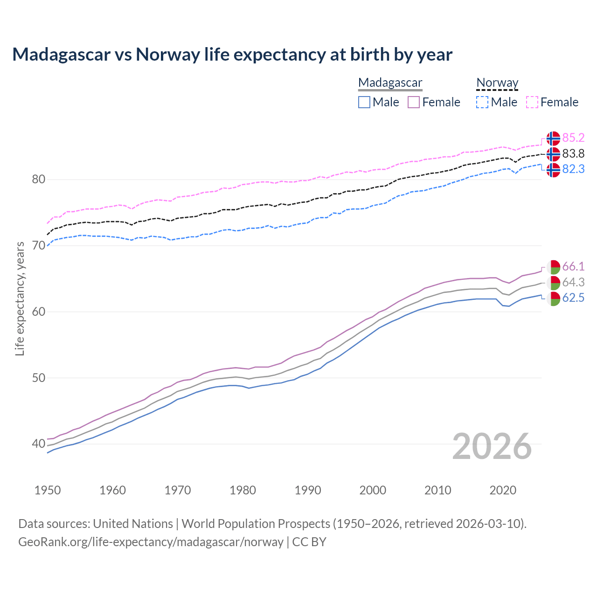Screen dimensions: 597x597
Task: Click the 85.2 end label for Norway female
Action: (x=573, y=138)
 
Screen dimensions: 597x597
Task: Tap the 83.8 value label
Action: (x=573, y=154)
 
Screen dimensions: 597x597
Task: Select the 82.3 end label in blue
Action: (x=573, y=169)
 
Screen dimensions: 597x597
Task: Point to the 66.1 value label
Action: (x=573, y=267)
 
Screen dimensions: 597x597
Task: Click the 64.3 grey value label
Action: (x=573, y=283)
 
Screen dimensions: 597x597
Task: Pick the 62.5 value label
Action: (x=573, y=298)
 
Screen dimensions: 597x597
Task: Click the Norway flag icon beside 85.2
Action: (x=553, y=139)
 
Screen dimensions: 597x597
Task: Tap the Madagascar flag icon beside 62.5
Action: (x=553, y=298)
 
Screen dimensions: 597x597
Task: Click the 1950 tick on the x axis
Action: (x=48, y=490)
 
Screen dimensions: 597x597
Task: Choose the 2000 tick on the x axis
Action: (x=373, y=490)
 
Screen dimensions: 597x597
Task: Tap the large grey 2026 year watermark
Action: (x=492, y=447)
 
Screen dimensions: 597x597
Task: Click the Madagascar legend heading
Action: (x=390, y=83)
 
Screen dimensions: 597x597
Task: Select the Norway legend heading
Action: (x=497, y=83)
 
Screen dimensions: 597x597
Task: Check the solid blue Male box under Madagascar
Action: (x=364, y=102)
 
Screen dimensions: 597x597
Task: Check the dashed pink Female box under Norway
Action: (x=532, y=102)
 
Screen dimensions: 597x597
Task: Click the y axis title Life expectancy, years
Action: (x=20, y=298)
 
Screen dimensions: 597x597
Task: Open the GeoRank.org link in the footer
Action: (x=151, y=542)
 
